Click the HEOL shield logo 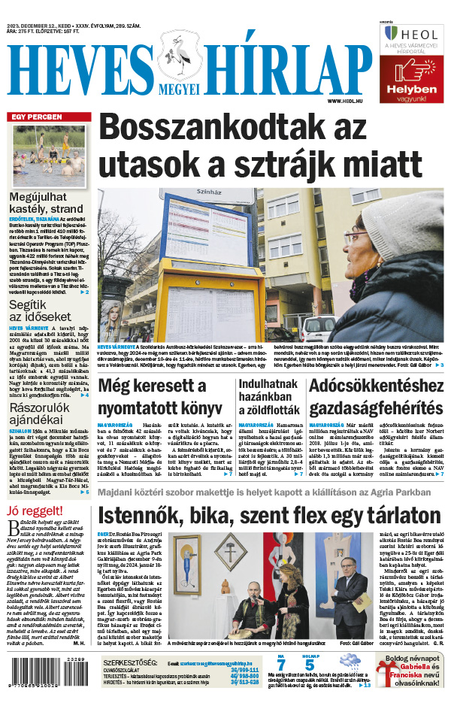coord(390,34)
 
